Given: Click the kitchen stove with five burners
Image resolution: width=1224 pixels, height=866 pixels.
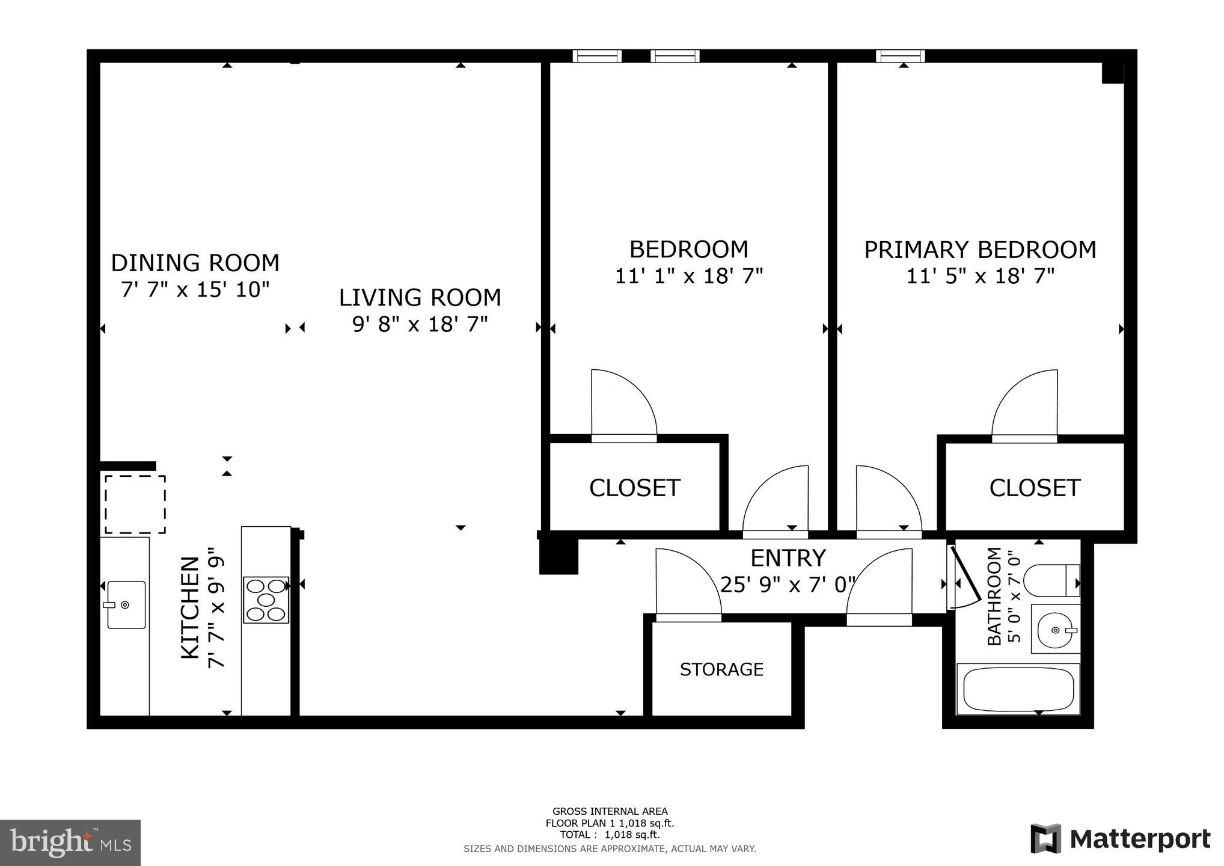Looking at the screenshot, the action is tap(266, 600).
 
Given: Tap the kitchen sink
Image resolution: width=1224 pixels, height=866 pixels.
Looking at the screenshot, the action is tap(124, 604).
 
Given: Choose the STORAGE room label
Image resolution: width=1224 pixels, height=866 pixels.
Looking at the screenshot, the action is tap(721, 669).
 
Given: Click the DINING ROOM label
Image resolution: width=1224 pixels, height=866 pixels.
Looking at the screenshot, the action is tap(195, 263).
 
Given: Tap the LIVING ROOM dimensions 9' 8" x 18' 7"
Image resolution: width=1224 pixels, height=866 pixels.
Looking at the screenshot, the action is tap(420, 325).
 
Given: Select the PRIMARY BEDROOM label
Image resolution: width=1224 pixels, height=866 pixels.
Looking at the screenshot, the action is tap(980, 250).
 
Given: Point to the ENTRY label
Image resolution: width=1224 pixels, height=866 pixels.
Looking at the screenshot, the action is tap(788, 558).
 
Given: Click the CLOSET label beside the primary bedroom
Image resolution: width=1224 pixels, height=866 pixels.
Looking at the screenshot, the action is tap(1035, 488).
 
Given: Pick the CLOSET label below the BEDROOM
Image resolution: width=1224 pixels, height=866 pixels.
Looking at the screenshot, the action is tap(634, 488).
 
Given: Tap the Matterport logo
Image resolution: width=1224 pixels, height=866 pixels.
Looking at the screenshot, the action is tap(1121, 839).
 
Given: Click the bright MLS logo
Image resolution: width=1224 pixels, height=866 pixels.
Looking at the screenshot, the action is tap(71, 843).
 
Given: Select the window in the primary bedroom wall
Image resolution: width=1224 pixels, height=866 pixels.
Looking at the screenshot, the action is tap(900, 56).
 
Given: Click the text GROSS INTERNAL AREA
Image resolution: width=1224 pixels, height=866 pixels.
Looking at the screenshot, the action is tap(610, 811).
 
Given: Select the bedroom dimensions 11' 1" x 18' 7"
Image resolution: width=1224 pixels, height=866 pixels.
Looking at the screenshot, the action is tap(689, 276).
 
